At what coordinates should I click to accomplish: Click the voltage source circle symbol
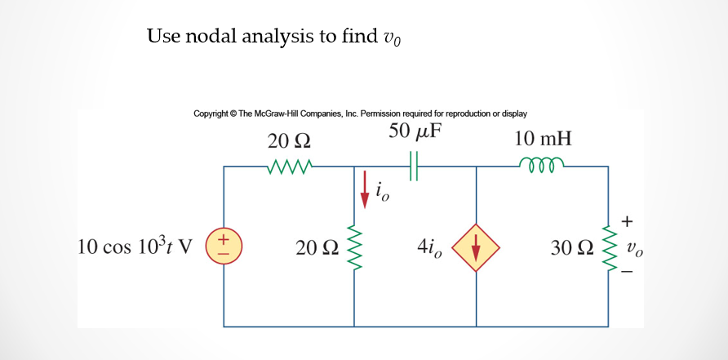pyautogui.click(x=224, y=246)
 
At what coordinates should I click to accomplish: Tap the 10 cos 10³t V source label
pyautogui.click(x=134, y=247)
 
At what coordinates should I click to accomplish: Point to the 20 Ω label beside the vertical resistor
pyautogui.click(x=317, y=247)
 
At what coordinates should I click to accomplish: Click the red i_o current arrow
pyautogui.click(x=365, y=193)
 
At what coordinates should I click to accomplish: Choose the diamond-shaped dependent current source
pyautogui.click(x=476, y=247)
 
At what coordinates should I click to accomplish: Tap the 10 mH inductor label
pyautogui.click(x=543, y=138)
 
